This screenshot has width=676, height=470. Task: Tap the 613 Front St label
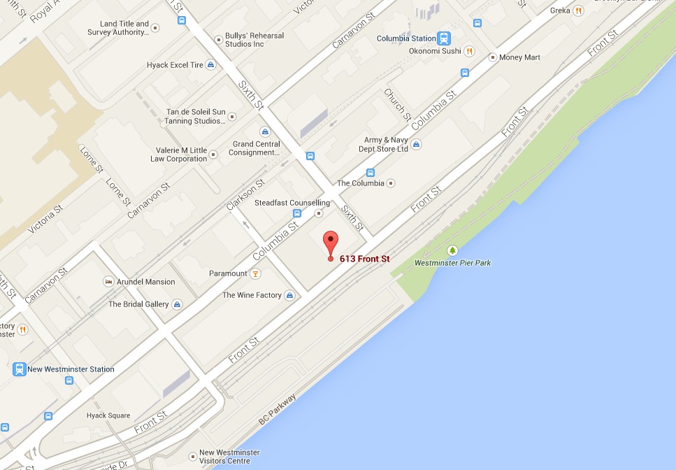(364, 259)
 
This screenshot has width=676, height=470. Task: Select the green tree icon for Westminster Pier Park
(452, 250)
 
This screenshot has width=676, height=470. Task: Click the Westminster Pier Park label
(452, 263)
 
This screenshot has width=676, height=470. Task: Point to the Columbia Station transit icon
(444, 38)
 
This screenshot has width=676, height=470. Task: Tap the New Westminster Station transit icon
(19, 369)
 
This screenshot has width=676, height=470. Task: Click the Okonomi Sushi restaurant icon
(470, 51)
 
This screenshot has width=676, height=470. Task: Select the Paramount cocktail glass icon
(256, 273)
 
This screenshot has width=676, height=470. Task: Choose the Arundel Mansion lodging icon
(108, 282)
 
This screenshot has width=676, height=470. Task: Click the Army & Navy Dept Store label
(386, 144)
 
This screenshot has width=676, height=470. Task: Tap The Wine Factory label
(252, 295)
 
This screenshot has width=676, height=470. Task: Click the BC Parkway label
(278, 409)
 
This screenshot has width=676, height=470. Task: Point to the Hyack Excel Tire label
(175, 65)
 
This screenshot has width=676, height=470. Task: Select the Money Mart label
(519, 57)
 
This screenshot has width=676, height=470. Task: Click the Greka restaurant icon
(578, 10)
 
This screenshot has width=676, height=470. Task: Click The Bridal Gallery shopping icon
(178, 304)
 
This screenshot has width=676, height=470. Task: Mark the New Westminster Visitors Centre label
(229, 457)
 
